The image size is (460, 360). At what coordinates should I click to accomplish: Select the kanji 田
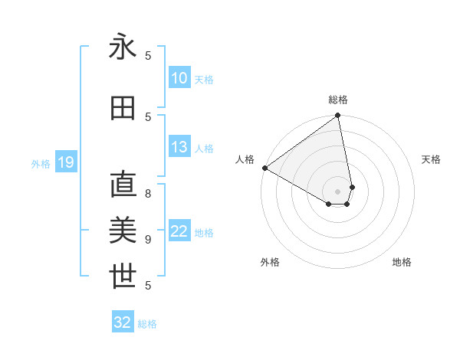tap(123, 108)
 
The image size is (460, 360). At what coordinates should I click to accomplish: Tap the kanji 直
tap(123, 185)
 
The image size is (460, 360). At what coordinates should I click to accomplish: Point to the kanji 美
tap(123, 230)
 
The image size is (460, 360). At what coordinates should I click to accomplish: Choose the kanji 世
tap(123, 276)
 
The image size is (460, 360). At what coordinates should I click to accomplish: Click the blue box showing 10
tap(179, 78)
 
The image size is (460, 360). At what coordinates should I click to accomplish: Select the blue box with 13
tap(179, 148)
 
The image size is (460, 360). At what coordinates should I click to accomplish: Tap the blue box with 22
tap(179, 232)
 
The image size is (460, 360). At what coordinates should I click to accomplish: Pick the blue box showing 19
tap(65, 162)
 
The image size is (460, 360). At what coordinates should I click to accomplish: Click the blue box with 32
tap(123, 322)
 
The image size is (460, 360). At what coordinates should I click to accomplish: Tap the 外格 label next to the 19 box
tap(41, 163)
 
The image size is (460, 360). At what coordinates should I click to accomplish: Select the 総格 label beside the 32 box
tap(147, 324)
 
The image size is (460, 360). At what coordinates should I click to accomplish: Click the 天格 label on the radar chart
tap(432, 159)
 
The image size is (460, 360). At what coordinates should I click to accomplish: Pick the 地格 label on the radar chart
tap(402, 262)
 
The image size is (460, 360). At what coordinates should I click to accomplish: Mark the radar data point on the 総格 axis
tap(337, 116)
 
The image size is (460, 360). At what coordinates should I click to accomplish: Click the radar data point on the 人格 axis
tap(264, 168)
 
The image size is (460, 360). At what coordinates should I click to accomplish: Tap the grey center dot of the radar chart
tap(337, 191)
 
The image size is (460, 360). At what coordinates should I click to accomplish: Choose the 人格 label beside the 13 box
tap(204, 149)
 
